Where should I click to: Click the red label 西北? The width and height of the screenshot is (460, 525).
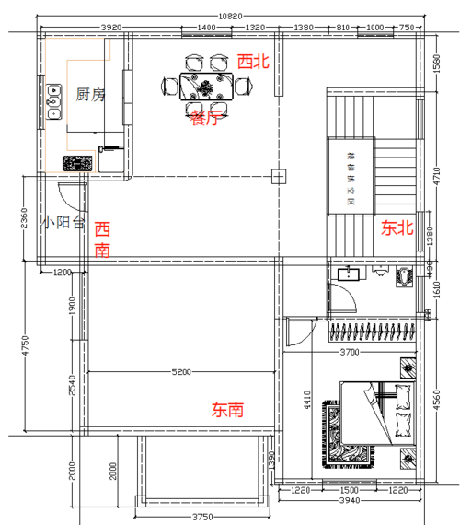(x=254, y=62)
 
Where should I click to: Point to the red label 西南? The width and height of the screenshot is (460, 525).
(x=102, y=239)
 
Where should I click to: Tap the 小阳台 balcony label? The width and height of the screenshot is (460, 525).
(x=63, y=222)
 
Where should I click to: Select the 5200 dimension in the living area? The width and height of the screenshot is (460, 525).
(x=182, y=372)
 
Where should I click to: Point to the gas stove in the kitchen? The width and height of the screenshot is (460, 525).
(x=79, y=163)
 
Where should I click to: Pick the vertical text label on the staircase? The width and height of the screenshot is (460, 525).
(x=350, y=175)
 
